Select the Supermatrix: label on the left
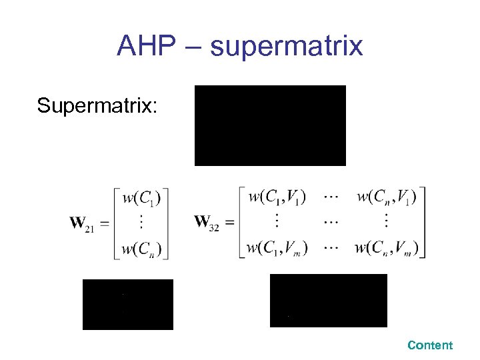(x=97, y=105)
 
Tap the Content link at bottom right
(x=430, y=345)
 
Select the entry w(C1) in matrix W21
(x=141, y=198)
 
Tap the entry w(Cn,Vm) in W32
(x=387, y=249)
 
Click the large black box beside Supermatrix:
(x=270, y=125)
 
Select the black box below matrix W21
(x=127, y=305)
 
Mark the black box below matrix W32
(x=328, y=301)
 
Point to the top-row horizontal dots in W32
(x=331, y=197)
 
